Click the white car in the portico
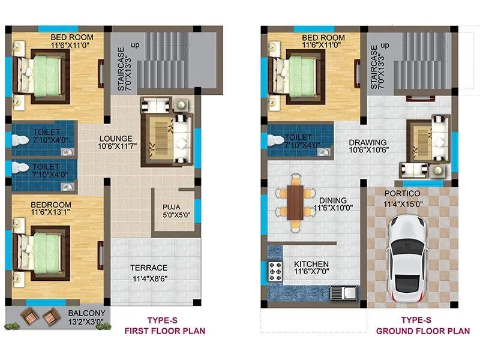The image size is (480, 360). (x=408, y=259)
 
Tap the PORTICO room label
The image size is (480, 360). (x=402, y=193)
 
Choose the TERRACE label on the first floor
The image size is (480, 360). (x=150, y=268)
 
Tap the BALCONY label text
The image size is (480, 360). (x=86, y=313)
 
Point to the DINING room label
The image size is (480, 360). (x=332, y=200)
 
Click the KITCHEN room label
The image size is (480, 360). (x=311, y=264)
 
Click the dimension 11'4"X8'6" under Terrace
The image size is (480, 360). (x=150, y=278)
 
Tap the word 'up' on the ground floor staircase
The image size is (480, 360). (x=385, y=46)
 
